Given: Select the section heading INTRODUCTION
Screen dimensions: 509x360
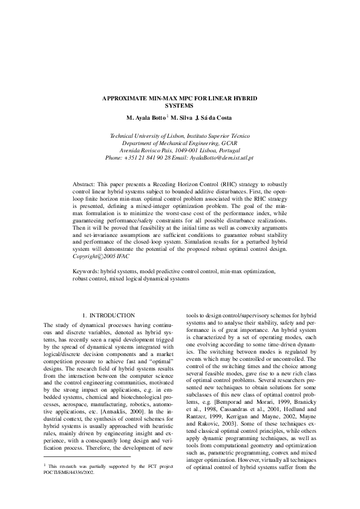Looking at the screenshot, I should tap(112, 316).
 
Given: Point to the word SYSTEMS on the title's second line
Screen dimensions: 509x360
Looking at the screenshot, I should tap(180, 104).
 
